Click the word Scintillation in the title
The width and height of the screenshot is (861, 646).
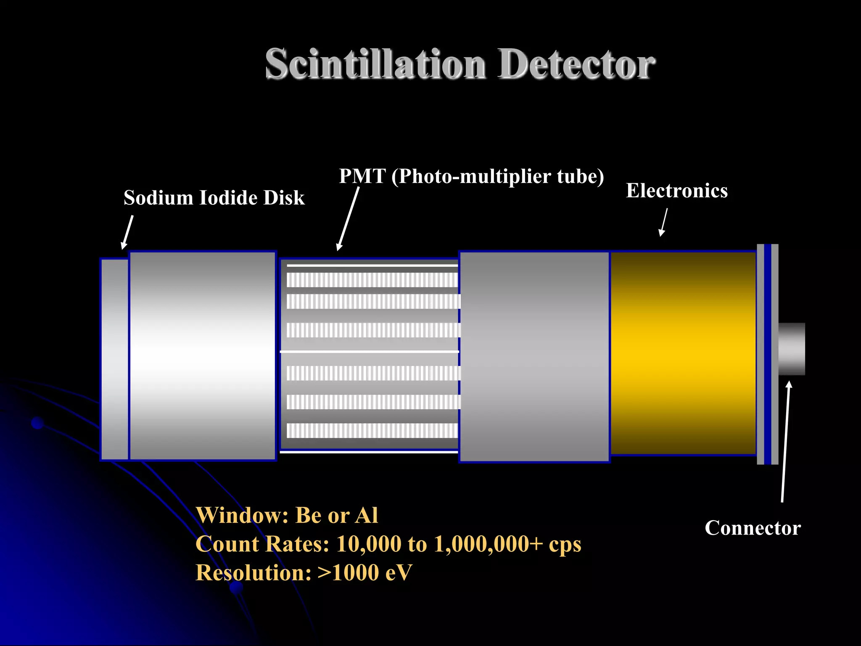coord(375,64)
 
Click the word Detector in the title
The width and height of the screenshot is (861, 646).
coord(576,64)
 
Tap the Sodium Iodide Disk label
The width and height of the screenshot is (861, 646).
coord(214,198)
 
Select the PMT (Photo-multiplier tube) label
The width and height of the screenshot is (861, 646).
coord(471,176)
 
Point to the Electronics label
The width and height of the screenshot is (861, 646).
coord(677,191)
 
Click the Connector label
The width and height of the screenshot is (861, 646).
coord(753,528)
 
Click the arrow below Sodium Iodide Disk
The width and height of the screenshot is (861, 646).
coord(127,232)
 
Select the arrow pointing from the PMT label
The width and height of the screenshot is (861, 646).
coord(348,219)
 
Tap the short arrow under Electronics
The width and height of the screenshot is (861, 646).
coord(664,222)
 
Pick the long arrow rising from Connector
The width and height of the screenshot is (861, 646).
coord(785,442)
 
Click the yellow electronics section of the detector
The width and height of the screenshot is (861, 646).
coord(683,353)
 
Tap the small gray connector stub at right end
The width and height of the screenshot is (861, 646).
coord(792,349)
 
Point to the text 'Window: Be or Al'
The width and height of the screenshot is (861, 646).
coord(287,515)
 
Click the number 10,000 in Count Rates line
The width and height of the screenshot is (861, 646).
coord(369,544)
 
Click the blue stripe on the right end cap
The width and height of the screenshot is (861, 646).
coord(768,354)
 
